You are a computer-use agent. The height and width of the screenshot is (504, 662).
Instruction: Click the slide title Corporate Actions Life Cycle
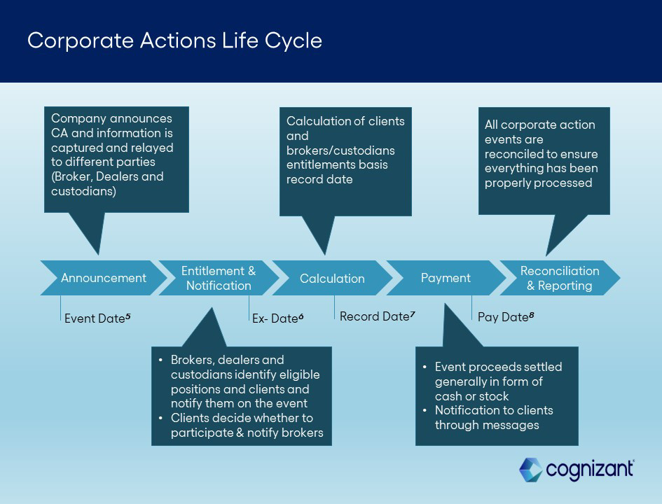174,41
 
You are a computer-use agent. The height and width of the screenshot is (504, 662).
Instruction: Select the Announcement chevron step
103,278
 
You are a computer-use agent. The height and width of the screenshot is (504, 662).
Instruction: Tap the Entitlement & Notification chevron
219,278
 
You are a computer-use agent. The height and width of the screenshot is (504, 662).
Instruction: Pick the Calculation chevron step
332,279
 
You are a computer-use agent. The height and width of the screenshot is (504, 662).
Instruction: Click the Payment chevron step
446,278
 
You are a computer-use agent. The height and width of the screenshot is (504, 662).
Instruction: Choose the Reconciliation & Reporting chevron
559,278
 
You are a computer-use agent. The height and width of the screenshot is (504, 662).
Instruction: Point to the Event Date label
95,318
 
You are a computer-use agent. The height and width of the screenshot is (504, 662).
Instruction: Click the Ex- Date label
275,318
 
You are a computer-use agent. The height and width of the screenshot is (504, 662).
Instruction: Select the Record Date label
374,316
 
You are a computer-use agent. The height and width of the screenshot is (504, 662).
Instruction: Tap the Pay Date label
502,317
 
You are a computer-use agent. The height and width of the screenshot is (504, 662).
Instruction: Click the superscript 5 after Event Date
128,316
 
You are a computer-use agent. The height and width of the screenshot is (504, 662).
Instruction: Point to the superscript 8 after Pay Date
532,315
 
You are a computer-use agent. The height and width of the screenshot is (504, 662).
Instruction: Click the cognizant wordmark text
589,469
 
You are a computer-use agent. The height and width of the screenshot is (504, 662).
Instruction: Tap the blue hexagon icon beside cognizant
530,470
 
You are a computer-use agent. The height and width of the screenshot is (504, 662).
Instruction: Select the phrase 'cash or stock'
472,396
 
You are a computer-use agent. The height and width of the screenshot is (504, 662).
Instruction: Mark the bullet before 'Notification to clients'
425,410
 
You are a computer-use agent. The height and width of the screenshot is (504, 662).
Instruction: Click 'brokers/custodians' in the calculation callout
340,150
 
